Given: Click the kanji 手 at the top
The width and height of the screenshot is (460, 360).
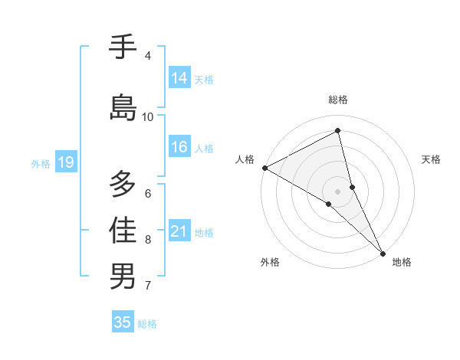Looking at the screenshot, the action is [123, 47].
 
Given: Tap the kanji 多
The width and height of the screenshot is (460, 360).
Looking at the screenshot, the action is [123, 184].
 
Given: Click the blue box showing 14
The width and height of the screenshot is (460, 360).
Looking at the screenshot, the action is [179, 78].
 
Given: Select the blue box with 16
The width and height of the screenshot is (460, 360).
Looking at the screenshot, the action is [179, 147].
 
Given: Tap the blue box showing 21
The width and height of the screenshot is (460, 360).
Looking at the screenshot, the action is [179, 231].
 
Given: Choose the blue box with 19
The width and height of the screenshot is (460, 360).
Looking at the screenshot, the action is [65, 162].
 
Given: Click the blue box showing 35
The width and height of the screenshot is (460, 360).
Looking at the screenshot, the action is [123, 322].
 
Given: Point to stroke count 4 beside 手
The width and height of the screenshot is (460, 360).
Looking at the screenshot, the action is [148, 56].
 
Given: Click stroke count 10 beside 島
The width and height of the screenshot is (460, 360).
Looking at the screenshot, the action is [148, 117].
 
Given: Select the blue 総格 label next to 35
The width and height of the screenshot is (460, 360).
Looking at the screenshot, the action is [147, 324].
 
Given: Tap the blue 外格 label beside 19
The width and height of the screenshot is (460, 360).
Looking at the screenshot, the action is [41, 163].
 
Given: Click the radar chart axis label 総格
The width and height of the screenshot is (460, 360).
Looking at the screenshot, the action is [338, 100].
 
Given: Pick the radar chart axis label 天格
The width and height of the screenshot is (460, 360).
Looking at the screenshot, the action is [431, 159].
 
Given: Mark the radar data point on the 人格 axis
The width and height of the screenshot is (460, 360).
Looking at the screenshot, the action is [264, 168].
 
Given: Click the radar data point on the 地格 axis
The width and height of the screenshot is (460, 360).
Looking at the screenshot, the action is [382, 251].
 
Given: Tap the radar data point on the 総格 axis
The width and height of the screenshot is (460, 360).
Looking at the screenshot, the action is [338, 131].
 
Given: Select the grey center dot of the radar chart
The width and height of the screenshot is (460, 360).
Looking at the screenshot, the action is [338, 191].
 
